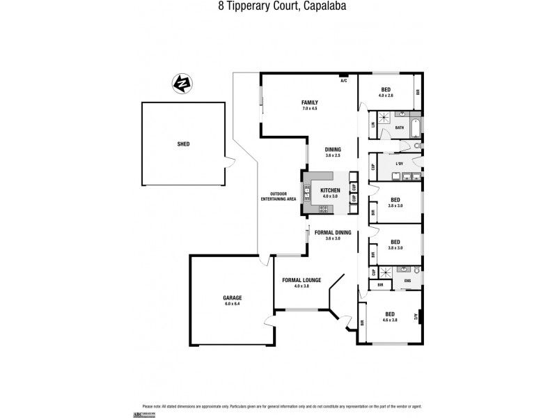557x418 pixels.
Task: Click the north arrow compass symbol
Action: [181, 84]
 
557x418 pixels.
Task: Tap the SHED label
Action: [183, 144]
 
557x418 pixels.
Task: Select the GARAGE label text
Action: [233, 297]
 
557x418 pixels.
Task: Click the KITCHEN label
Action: [330, 190]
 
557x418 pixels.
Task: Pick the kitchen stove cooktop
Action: [324, 208]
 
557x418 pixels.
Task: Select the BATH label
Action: [400, 128]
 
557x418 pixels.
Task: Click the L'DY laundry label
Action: [400, 164]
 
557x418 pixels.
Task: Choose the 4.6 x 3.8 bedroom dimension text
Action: [390, 320]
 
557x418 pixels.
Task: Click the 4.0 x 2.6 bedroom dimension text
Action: [386, 95]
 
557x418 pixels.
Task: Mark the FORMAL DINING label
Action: [332, 232]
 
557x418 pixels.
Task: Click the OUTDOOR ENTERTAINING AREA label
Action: [278, 196]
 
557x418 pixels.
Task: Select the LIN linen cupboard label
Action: [373, 125]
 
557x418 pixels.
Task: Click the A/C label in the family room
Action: [343, 81]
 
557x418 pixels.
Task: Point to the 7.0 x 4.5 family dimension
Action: [310, 109]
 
